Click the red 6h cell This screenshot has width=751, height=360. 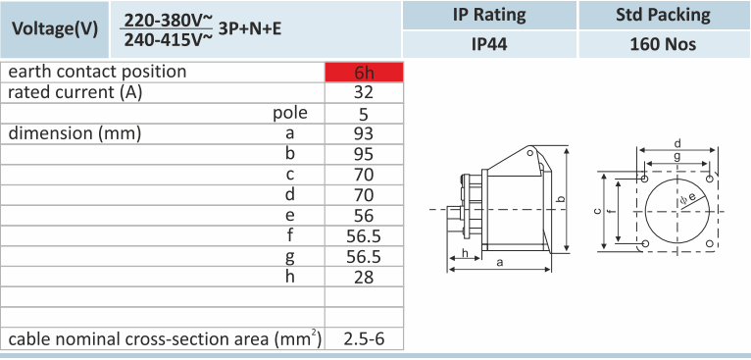pyautogui.click(x=364, y=72)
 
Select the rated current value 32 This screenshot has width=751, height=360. pyautogui.click(x=364, y=92)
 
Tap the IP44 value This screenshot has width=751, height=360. pyautogui.click(x=489, y=44)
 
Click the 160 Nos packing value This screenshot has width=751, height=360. pyautogui.click(x=663, y=44)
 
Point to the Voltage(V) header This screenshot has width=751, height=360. pyautogui.click(x=55, y=29)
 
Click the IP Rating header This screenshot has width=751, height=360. pyautogui.click(x=489, y=15)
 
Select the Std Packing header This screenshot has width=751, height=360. pyautogui.click(x=663, y=15)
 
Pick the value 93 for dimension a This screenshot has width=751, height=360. pyautogui.click(x=364, y=133)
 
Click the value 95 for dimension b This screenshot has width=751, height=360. pyautogui.click(x=364, y=154)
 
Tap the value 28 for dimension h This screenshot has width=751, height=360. pyautogui.click(x=364, y=278)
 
